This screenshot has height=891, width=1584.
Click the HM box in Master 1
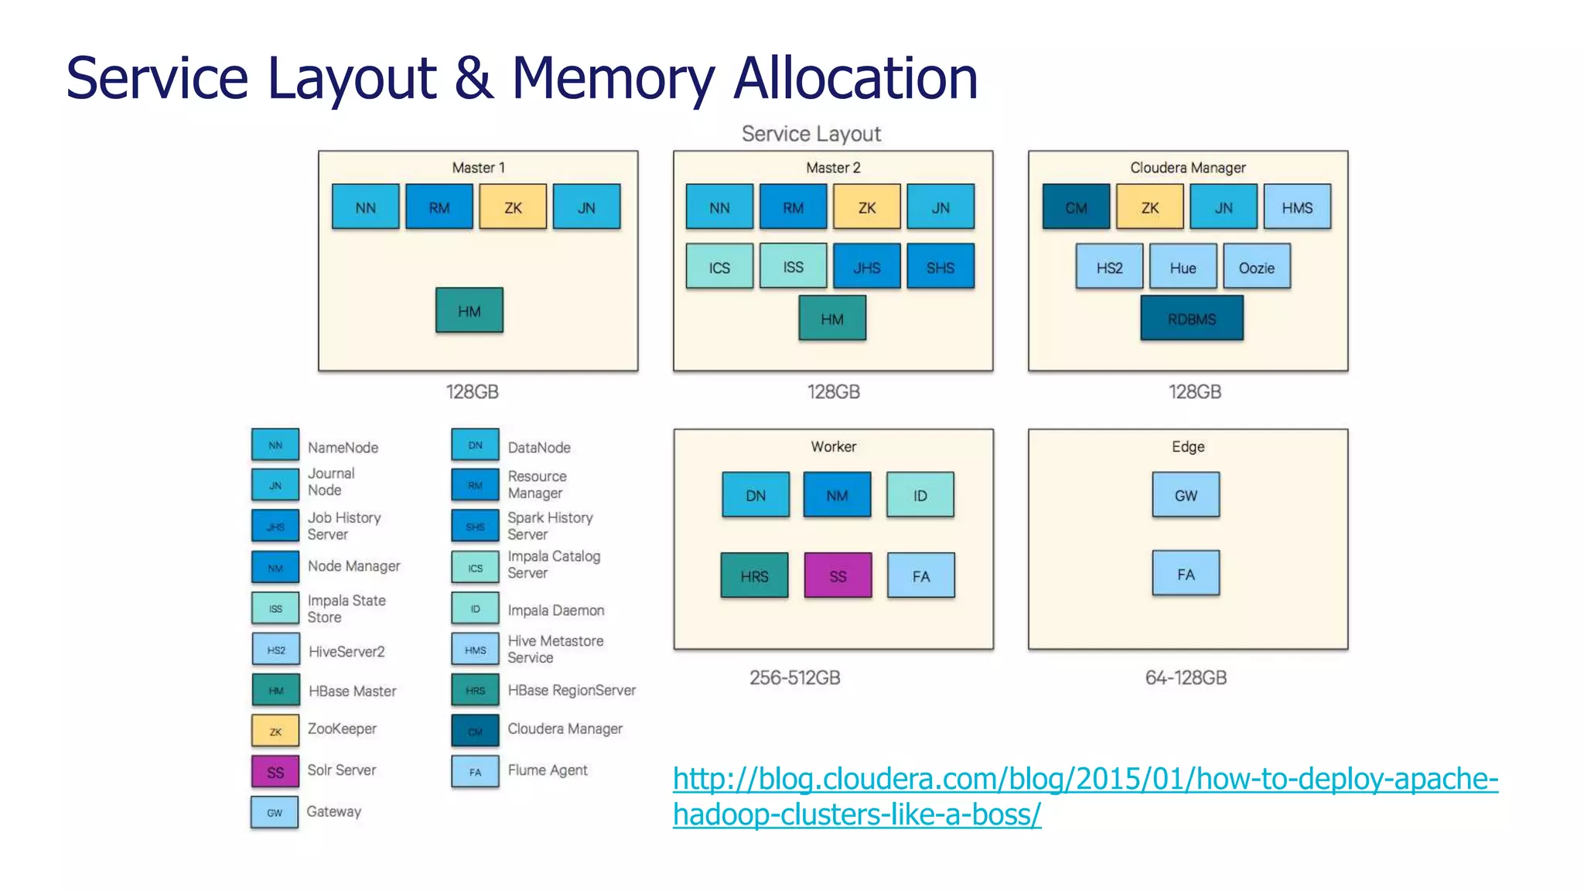coord(469,310)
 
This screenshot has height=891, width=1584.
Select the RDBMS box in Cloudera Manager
coord(1191,318)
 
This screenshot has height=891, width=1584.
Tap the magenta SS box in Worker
coord(838,575)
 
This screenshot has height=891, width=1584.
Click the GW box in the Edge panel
coord(1185,495)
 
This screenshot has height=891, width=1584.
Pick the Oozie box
coord(1256,267)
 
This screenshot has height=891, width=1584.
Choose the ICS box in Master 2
coord(719,267)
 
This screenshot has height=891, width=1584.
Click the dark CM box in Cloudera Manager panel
coord(1075,207)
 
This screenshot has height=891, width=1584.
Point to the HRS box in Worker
coord(754,575)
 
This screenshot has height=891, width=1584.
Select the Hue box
coord(1182,267)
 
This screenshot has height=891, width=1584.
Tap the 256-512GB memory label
coord(794,678)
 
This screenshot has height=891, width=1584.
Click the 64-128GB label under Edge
coord(1185,678)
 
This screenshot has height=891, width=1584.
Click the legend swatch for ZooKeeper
coord(275,731)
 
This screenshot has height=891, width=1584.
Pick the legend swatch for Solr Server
coord(275,771)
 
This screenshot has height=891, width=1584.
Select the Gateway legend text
coord(333,811)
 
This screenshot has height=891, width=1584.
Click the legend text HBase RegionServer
coord(571,690)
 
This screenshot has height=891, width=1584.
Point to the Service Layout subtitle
coord(811,134)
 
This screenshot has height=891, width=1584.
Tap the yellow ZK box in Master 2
coord(866,207)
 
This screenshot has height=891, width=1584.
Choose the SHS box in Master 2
coord(940,267)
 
